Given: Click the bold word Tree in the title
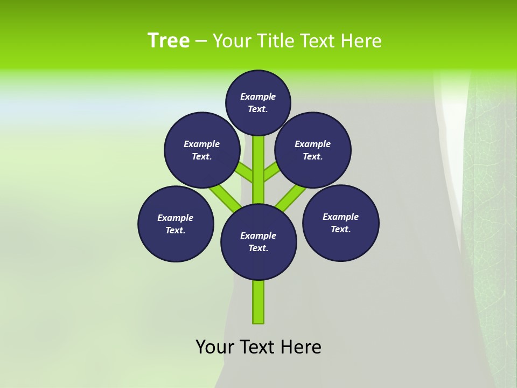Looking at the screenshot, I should coord(169,41).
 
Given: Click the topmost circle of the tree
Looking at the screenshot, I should coord(258,102).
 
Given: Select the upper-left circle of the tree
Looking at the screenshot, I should coord(202,150).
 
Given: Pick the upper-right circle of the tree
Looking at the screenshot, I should coord(313,150).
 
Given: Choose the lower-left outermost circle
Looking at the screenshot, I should coord(176,224).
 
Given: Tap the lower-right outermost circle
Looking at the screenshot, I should coord(341,223).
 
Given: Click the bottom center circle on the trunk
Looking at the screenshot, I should coord(258,241).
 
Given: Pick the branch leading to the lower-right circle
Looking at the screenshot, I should coord(291,196).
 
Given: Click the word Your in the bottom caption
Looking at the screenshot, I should coord(215,347).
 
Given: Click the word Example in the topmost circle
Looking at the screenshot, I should coord(258,96).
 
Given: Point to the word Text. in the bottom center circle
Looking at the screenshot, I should coord(258,248).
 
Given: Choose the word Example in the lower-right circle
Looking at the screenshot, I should coord(340,217).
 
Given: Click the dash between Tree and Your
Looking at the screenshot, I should coord(201,41).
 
